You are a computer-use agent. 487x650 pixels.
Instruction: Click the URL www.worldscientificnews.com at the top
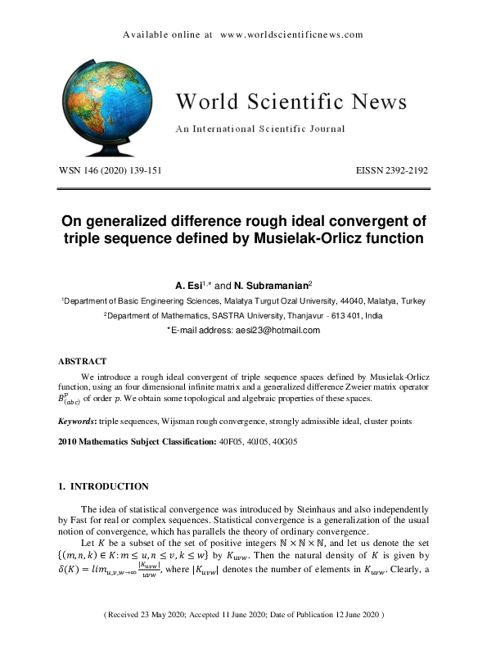291,35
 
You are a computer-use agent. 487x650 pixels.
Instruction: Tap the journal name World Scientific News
291,102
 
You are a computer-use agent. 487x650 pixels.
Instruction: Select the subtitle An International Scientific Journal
260,129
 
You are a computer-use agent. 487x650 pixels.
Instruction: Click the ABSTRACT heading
83,361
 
